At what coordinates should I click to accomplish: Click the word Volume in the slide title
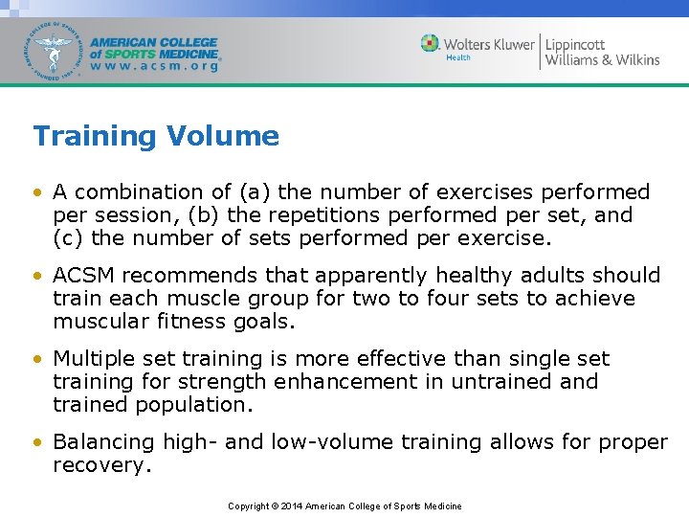[223, 137]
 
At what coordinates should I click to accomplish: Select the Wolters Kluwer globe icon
[431, 43]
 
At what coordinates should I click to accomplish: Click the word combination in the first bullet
[130, 192]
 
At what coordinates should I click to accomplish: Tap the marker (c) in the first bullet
[67, 238]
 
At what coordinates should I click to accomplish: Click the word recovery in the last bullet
[100, 466]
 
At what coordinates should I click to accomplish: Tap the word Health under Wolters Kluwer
[458, 58]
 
